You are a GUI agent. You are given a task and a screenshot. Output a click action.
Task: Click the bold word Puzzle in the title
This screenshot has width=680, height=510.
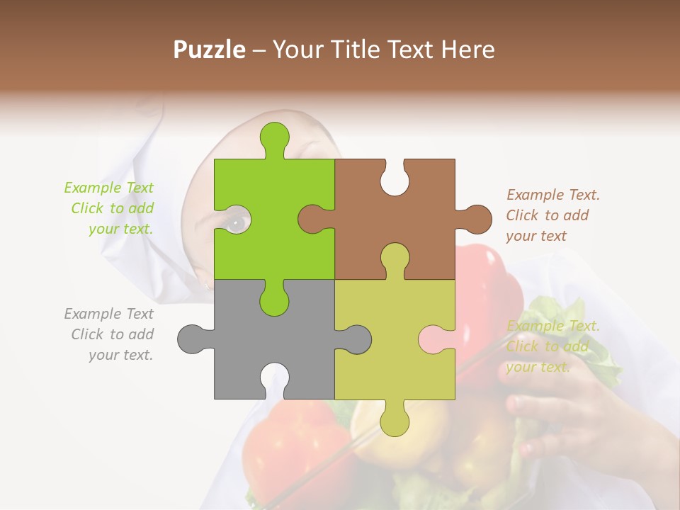pos(210,50)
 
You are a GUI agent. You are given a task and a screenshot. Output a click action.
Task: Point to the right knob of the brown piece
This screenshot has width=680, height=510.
pos(476,218)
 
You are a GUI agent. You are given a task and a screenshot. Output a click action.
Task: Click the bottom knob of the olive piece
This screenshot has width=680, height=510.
pos(395,421)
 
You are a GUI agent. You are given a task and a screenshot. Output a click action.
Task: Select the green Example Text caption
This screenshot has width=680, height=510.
pos(110,208)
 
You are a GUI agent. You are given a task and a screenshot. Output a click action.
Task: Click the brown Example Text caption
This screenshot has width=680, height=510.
pos(552,215)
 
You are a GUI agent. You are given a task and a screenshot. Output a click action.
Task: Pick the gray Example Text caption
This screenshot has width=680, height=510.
pos(110,334)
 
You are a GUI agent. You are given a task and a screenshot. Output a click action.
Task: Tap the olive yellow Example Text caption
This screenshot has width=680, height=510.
pos(552,346)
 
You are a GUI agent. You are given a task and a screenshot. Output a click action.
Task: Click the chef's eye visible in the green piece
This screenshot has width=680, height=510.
pos(237,222)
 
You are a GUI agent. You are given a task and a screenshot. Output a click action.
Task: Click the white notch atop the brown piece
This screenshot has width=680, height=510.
pos(395,177)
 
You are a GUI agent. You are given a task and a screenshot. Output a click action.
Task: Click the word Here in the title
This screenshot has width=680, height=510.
pos(467,50)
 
